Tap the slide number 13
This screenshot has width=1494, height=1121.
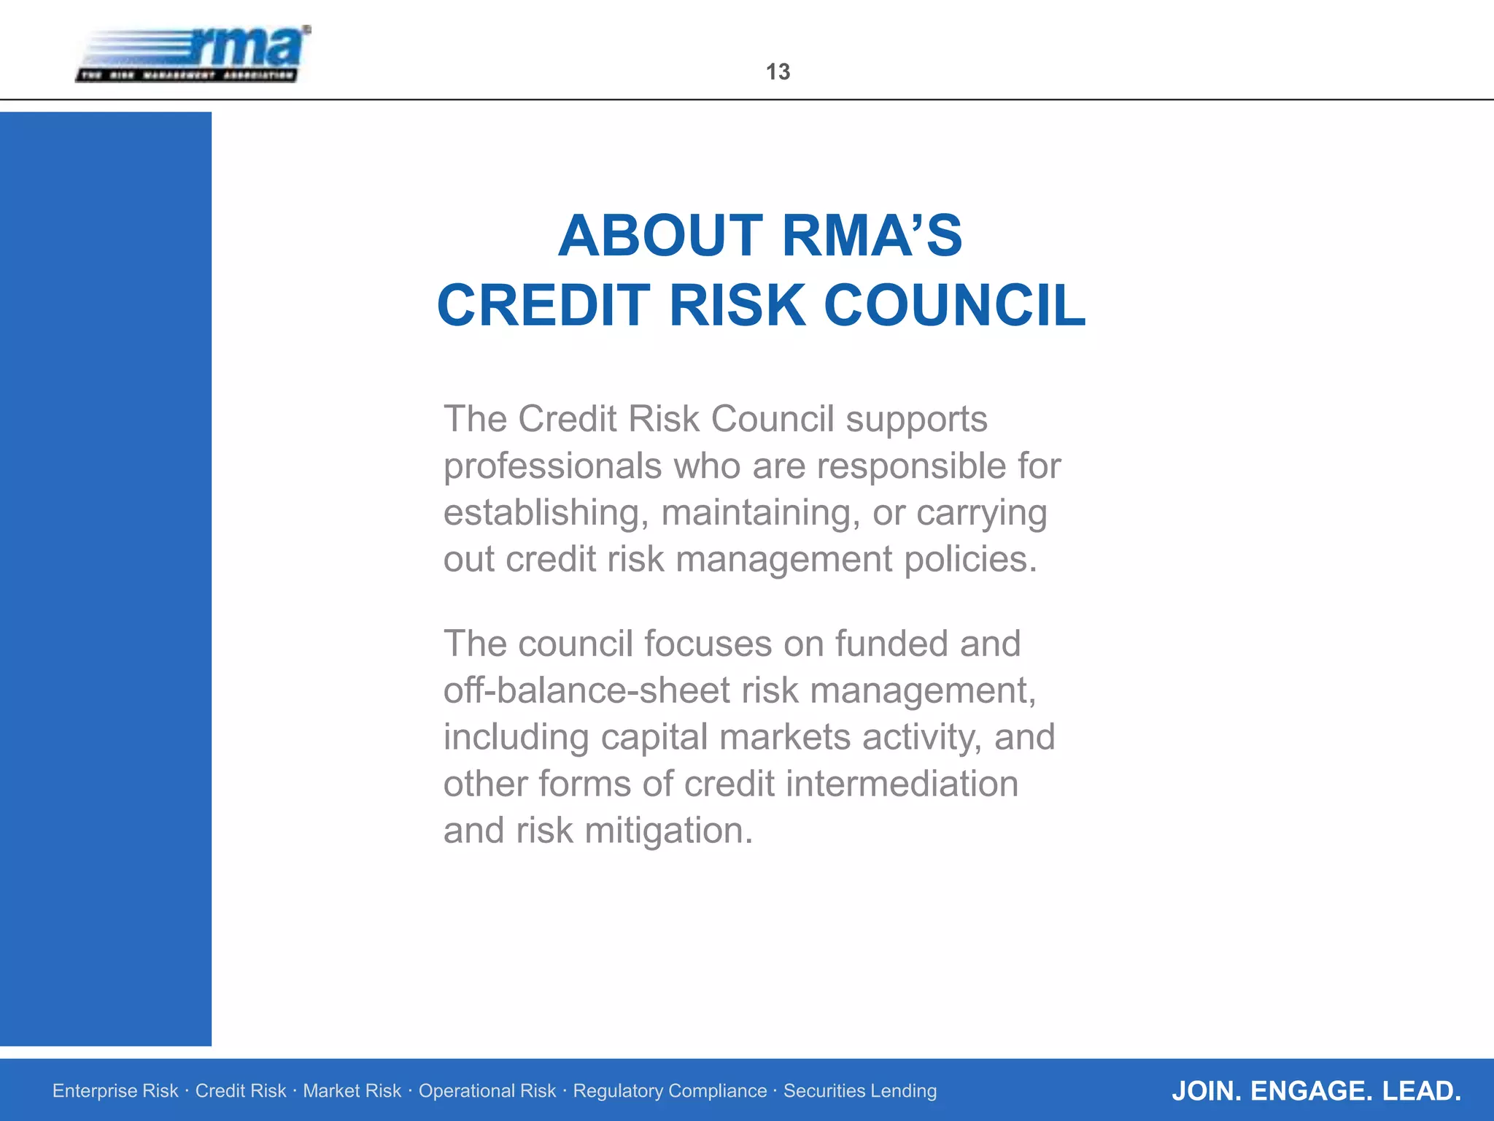(x=778, y=72)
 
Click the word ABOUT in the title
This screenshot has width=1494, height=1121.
(x=660, y=236)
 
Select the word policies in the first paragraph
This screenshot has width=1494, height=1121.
(x=970, y=560)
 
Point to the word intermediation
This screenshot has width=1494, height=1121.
(x=902, y=784)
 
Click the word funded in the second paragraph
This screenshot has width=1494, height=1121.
(x=891, y=644)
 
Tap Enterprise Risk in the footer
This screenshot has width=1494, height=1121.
(x=115, y=1090)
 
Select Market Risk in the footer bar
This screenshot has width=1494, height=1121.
(x=352, y=1090)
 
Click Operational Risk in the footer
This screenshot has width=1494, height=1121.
(x=487, y=1090)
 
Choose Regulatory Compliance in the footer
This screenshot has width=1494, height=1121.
(x=670, y=1090)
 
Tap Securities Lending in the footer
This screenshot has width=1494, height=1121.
(x=860, y=1090)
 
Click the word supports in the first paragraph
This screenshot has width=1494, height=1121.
(x=916, y=420)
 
